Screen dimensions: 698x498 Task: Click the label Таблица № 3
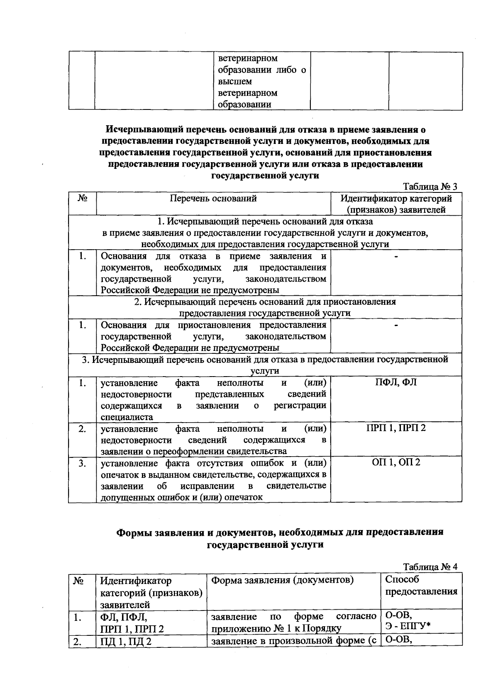point(430,187)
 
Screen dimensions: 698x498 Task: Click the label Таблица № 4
point(430,567)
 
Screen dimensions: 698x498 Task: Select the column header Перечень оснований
point(213,199)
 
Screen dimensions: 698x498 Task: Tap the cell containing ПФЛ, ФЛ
point(396,382)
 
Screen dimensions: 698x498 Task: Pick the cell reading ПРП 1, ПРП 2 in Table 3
point(396,428)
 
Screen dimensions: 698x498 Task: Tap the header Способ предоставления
point(421,586)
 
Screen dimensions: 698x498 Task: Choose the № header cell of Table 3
point(82,199)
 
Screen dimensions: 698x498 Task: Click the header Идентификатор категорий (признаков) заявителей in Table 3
point(396,204)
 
